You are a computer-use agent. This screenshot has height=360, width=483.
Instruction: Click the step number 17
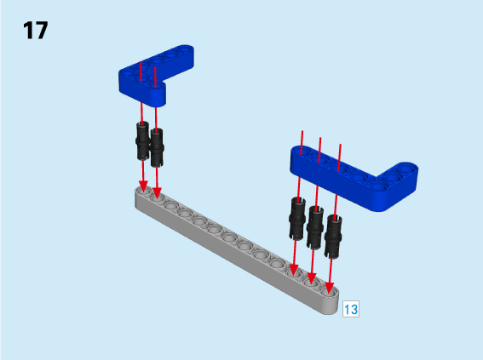(x=36, y=30)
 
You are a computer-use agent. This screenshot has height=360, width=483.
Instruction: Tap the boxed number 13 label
(x=351, y=309)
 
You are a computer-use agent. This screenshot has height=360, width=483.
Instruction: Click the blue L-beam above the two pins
(x=156, y=76)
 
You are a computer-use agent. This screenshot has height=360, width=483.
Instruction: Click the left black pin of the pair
(x=142, y=141)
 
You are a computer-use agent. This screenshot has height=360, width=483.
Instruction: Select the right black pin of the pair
(x=157, y=148)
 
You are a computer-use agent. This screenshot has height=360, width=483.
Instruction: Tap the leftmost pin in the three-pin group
(x=297, y=219)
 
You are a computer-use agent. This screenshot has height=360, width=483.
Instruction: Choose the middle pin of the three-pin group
(x=315, y=228)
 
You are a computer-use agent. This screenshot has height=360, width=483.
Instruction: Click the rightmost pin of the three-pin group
(x=333, y=237)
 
